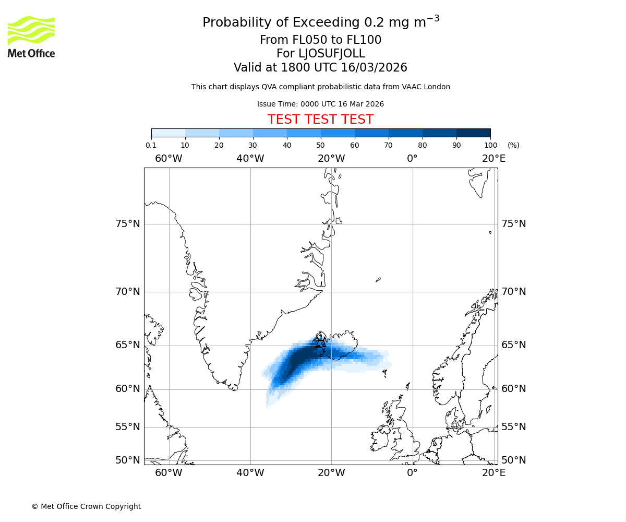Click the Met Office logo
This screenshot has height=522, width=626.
pos(31,37)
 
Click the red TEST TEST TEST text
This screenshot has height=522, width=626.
pos(320,120)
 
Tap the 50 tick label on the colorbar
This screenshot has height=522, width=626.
pos(321,146)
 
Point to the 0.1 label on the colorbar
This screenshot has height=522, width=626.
pos(151,146)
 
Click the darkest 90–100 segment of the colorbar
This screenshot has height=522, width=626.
pos(473,133)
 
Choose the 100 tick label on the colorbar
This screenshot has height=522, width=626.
pos(490,146)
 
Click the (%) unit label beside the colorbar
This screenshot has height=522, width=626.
pos(513,146)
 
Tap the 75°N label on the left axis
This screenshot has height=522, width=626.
pos(127,224)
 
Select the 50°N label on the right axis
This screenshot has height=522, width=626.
pos(514,460)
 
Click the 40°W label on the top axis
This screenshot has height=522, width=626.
pos(250,159)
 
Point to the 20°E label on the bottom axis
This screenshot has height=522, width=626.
pos(493,473)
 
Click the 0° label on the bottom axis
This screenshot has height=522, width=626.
pos(412,473)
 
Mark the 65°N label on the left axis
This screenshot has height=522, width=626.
pos(127,345)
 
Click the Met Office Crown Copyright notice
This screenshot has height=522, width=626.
pos(86,506)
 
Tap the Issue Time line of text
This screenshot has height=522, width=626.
pos(320,104)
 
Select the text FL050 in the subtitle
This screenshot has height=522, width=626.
pos(312,40)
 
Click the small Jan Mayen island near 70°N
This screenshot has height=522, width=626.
pos(378,280)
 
